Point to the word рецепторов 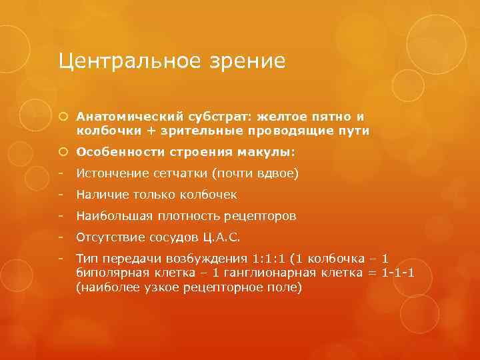(x=263, y=216)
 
